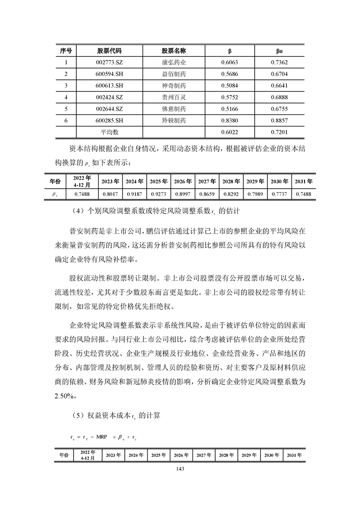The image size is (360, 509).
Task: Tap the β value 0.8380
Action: point(229,120)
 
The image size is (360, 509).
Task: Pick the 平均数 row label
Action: point(109,132)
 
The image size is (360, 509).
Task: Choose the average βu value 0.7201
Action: point(280,132)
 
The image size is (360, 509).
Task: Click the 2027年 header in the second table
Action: point(207,181)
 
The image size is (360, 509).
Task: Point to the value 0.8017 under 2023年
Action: point(110,194)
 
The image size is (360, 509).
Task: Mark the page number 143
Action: point(180,470)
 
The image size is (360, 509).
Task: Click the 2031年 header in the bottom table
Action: point(294,455)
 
